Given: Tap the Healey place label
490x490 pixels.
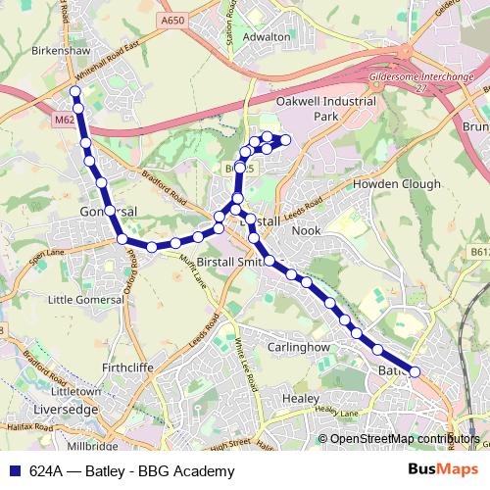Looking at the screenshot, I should coord(300,399).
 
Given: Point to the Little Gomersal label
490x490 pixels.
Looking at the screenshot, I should coord(83,299).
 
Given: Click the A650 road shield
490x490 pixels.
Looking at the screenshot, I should coord(173,20).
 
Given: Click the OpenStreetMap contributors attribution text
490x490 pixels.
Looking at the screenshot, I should coord(403,440).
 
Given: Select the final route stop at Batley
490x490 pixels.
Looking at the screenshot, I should coord(415,371).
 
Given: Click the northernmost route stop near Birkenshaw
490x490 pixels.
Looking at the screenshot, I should coord(75,91).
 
